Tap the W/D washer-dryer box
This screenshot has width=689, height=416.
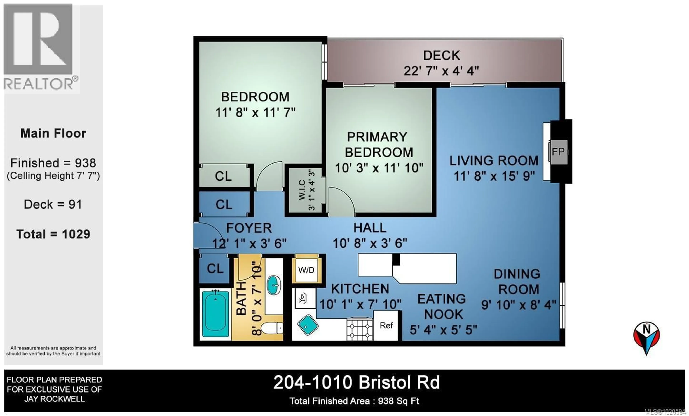tap(306, 270)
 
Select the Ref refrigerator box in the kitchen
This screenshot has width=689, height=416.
tap(386, 325)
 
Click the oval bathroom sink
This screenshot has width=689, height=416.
tap(274, 285)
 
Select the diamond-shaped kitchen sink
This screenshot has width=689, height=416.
tap(308, 325)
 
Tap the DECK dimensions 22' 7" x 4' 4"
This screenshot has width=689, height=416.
tap(441, 71)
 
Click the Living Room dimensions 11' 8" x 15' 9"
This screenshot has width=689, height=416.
tap(494, 176)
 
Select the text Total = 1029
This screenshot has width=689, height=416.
tap(53, 234)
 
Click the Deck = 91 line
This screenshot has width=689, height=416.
tap(53, 205)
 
